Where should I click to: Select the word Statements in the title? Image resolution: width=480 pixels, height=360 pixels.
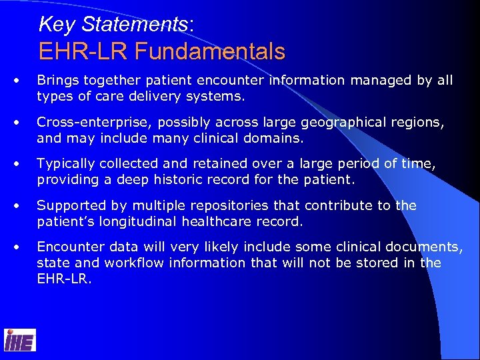point(135,25)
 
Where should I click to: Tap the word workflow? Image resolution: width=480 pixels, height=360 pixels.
point(123,263)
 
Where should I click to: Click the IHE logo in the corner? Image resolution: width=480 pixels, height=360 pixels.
point(20,339)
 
